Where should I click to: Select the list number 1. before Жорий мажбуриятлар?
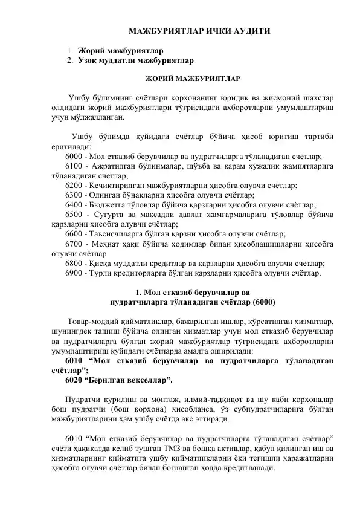(x=71, y=50)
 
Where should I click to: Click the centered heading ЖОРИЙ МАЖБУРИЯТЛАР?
(x=192, y=79)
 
